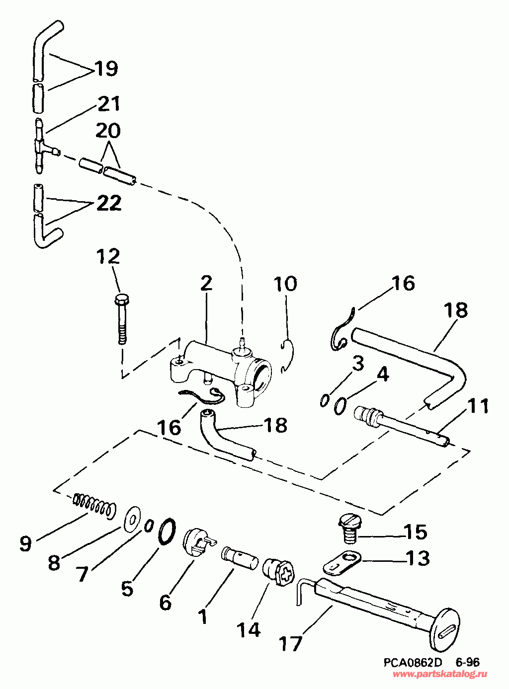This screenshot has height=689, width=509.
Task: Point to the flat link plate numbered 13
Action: [342, 561]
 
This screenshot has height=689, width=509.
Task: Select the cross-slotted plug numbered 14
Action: [278, 572]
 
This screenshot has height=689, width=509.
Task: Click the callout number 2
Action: [206, 283]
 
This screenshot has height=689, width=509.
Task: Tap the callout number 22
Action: [109, 203]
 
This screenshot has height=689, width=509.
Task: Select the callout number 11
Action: [478, 406]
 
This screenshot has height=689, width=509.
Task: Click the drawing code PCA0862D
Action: [412, 663]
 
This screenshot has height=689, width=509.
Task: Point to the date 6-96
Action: [467, 663]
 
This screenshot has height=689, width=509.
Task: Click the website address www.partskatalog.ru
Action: [440, 674]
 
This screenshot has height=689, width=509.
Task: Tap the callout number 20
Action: [107, 131]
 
